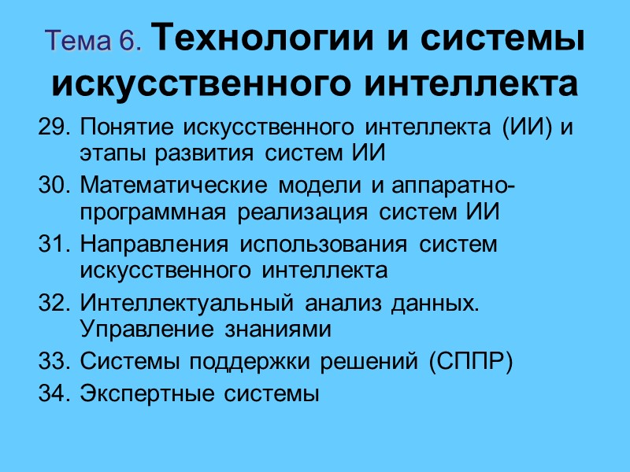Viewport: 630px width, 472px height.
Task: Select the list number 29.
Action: pos(54,127)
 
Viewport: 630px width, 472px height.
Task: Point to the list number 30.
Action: pos(54,186)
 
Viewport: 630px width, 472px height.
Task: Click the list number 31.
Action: pos(54,245)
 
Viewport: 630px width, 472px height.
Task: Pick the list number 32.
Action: pos(54,303)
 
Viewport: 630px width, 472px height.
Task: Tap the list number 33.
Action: pos(54,362)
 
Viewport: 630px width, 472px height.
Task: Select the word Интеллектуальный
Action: pos(177,303)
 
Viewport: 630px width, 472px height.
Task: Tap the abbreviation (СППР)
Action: pos(471,362)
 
